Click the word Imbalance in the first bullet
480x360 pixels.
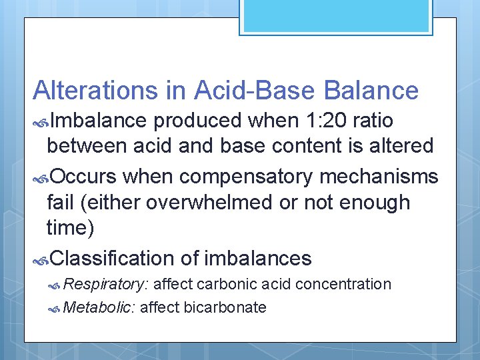tap(98, 121)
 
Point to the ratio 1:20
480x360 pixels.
tap(322, 121)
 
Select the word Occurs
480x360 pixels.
tap(83, 176)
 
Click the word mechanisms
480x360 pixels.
tap(391, 176)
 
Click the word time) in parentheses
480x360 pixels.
tap(71, 227)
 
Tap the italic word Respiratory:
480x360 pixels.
tap(106, 285)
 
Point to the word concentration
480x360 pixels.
tap(343, 285)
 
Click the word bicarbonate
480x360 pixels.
tap(225, 307)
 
